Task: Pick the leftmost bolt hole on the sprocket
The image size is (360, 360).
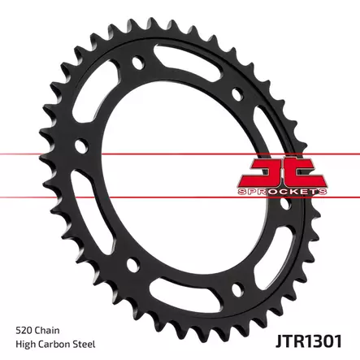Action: (x=79, y=147)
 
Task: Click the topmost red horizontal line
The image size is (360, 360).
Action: (x=180, y=152)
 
